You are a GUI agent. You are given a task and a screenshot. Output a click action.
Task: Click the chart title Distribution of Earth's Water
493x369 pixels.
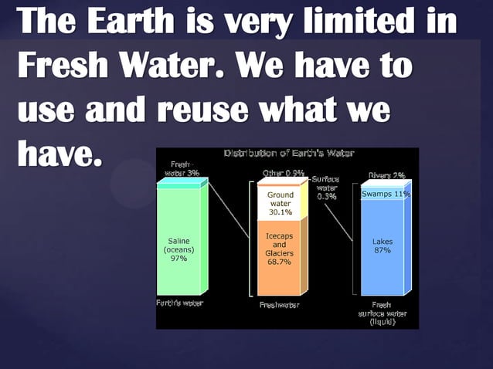[x=289, y=153]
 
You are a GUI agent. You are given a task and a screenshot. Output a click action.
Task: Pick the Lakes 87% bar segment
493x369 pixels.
[x=382, y=247]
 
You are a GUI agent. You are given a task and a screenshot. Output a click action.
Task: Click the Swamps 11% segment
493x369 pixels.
[x=385, y=194]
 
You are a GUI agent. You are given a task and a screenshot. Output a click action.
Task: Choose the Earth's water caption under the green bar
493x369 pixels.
[x=179, y=303]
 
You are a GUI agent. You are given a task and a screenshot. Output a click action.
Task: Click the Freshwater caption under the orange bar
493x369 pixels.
[x=279, y=304]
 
